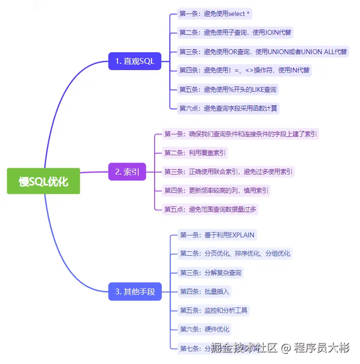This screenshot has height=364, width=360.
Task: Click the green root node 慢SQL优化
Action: (x=43, y=181)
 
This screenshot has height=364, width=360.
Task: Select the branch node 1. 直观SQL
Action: (x=134, y=61)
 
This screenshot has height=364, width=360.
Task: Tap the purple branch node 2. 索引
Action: (x=127, y=172)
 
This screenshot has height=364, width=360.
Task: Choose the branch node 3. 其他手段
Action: (x=135, y=291)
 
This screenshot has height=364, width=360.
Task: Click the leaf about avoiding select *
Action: (x=215, y=14)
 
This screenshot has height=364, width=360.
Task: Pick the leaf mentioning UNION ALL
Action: (x=263, y=52)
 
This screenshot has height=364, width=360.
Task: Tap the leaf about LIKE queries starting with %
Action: (x=228, y=89)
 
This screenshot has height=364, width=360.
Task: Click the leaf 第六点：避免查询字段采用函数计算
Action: (x=228, y=108)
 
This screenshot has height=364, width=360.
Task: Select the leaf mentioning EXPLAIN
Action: (x=217, y=235)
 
